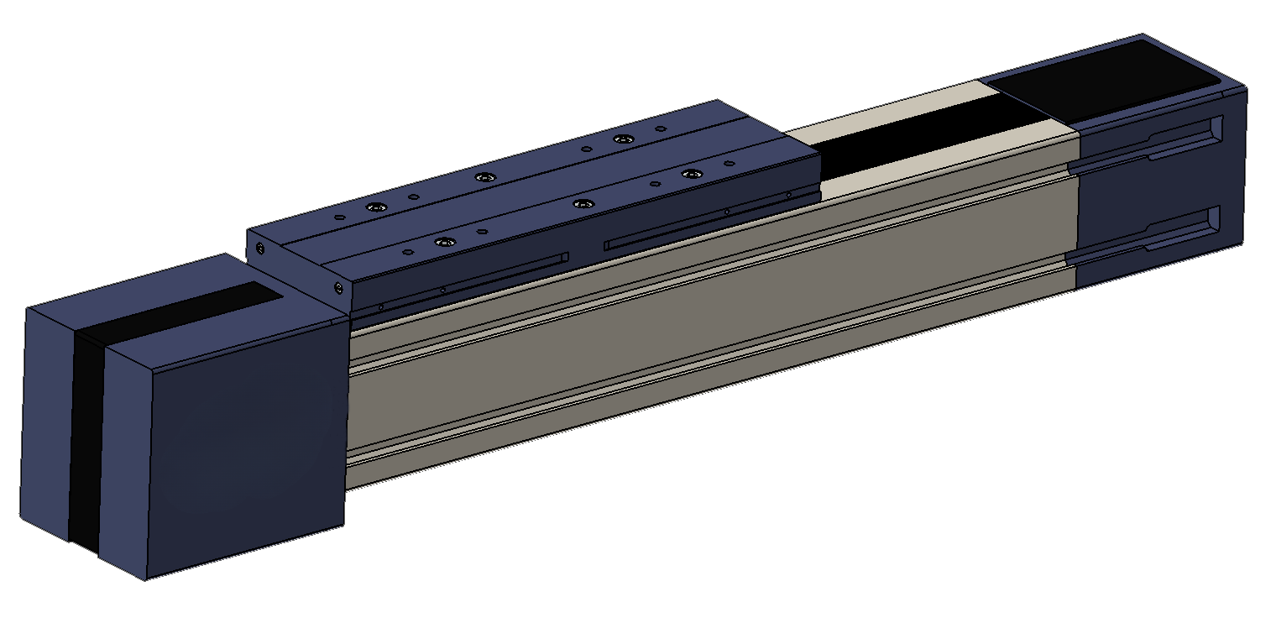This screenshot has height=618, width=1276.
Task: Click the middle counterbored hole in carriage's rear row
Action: click(x=483, y=177)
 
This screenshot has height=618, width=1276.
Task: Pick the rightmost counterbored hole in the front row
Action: click(x=691, y=174)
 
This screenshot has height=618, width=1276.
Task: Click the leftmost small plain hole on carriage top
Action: click(x=339, y=217)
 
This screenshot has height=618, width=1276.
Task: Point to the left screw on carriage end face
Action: click(x=261, y=249)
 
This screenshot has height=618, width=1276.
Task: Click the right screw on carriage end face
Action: click(x=338, y=288)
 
